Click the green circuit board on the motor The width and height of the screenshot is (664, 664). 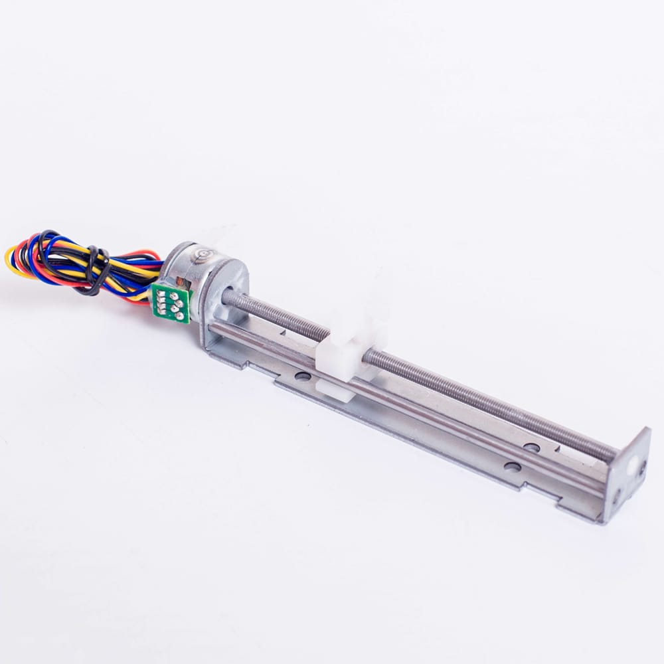[x=171, y=303]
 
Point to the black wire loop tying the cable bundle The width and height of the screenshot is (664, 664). [x=98, y=270]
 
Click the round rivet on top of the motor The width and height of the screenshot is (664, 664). [x=201, y=253]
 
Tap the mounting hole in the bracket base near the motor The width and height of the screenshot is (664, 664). [x=303, y=376]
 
